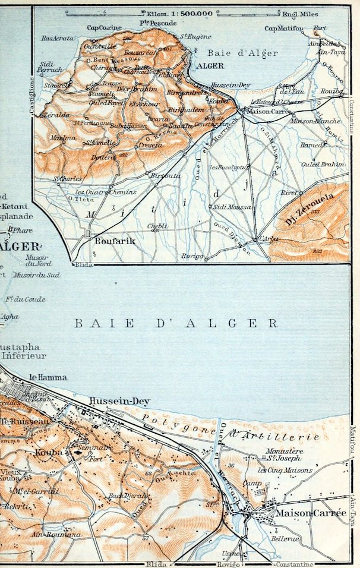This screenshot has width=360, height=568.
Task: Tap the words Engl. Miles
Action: pyautogui.click(x=302, y=13)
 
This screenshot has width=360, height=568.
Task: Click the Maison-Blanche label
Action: pyautogui.click(x=307, y=121)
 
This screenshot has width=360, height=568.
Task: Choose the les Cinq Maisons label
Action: pyautogui.click(x=285, y=471)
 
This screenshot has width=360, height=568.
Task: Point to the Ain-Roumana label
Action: pyautogui.click(x=56, y=535)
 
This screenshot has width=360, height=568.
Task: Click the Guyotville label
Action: pyautogui.click(x=101, y=45)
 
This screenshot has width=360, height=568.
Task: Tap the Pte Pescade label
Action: pyautogui.click(x=152, y=23)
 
